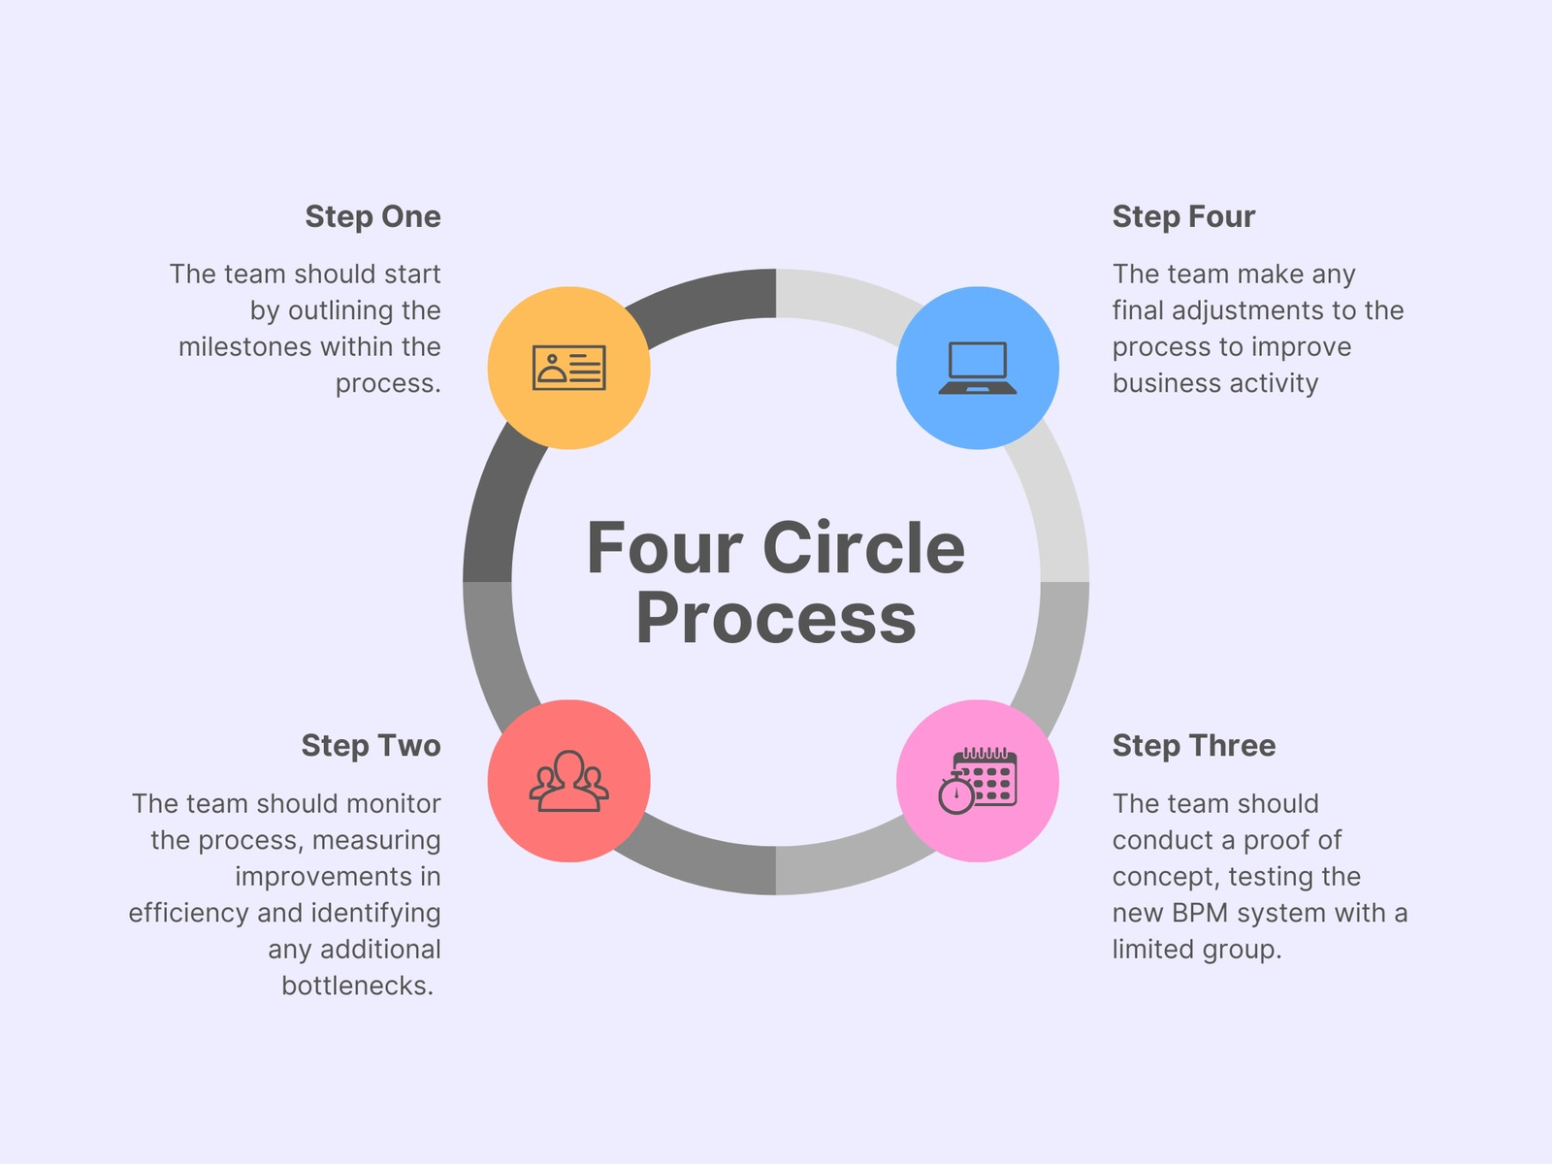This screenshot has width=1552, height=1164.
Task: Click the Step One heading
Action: click(x=372, y=217)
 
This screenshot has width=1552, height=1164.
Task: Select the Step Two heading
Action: click(x=372, y=746)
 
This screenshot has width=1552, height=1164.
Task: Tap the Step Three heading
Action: click(x=1194, y=746)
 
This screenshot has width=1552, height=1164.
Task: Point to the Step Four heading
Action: click(x=1183, y=217)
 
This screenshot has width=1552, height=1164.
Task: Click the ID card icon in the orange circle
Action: click(x=569, y=368)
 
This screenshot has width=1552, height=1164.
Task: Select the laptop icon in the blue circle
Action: click(x=978, y=368)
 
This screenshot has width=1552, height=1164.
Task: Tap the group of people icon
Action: click(x=569, y=781)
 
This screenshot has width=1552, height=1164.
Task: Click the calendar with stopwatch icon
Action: click(x=978, y=781)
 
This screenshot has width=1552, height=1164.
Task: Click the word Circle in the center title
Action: click(x=864, y=548)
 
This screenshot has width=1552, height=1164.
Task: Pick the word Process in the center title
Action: click(x=776, y=618)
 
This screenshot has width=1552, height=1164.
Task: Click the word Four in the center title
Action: click(x=664, y=548)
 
